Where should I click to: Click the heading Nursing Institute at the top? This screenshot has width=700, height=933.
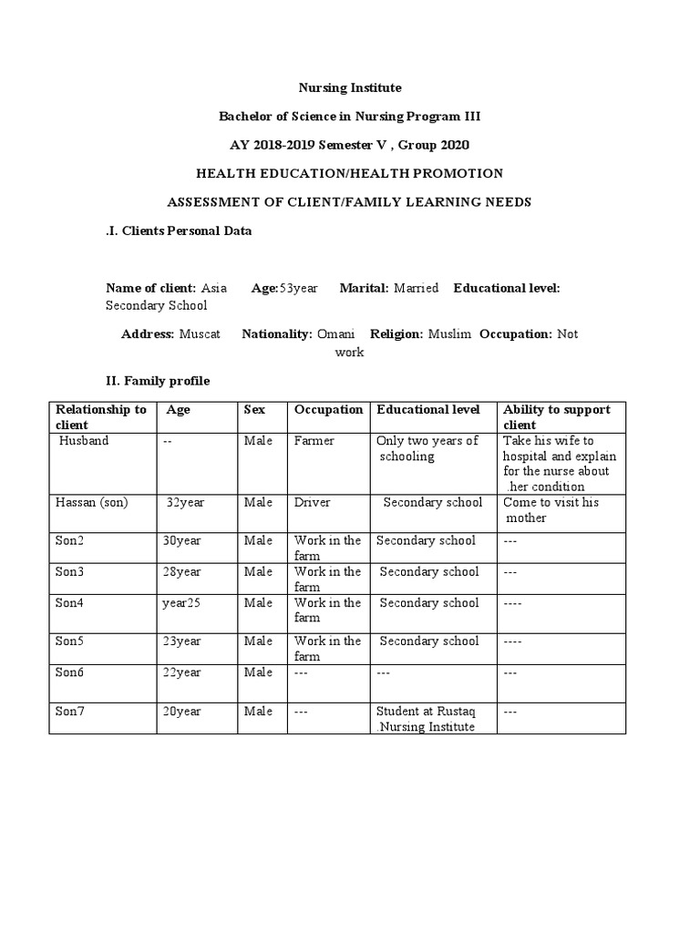click(350, 87)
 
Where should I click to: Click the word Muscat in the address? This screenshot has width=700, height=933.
click(200, 334)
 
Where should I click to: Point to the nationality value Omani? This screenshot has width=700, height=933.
click(335, 334)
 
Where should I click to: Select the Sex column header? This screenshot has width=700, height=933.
click(254, 410)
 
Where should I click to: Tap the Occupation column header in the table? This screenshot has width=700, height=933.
click(328, 410)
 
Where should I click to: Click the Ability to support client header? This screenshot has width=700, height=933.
click(556, 417)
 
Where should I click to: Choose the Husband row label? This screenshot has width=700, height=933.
click(84, 441)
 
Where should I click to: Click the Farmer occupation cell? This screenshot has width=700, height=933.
click(314, 441)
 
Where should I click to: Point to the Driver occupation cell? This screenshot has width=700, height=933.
click(313, 503)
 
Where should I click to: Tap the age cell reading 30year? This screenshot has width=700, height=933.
click(182, 541)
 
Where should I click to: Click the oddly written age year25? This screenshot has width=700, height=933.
click(182, 603)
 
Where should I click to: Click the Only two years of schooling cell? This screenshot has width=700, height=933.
click(427, 448)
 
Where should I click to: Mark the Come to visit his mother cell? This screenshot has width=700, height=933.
click(551, 510)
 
